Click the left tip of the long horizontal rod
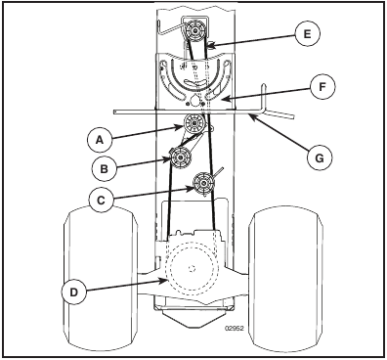pos(116,112)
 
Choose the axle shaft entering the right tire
pos(243,269)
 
